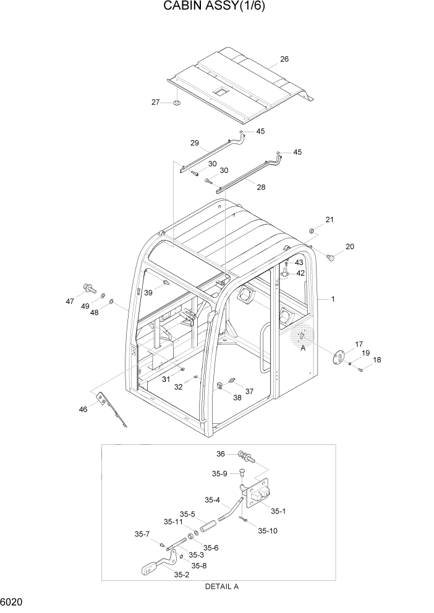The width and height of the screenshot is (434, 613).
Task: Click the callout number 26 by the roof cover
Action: pos(284,59)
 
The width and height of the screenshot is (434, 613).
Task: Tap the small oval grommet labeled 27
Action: pos(176,103)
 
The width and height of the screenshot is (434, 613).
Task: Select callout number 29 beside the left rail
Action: pos(194,143)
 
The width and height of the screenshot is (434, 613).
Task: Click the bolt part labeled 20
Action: pos(330,256)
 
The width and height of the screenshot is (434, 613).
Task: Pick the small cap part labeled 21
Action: pos(313,231)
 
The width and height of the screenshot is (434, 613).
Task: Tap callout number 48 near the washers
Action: pos(95,313)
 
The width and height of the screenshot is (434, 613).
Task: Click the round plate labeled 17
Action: pos(339,357)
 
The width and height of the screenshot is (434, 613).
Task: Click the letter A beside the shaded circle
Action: pos(302,349)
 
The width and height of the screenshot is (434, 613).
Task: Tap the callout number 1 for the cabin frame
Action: pos(333,299)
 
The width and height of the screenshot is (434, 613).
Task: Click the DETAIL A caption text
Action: pos(221,586)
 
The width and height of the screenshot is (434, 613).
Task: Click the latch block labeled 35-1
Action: pos(258,493)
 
